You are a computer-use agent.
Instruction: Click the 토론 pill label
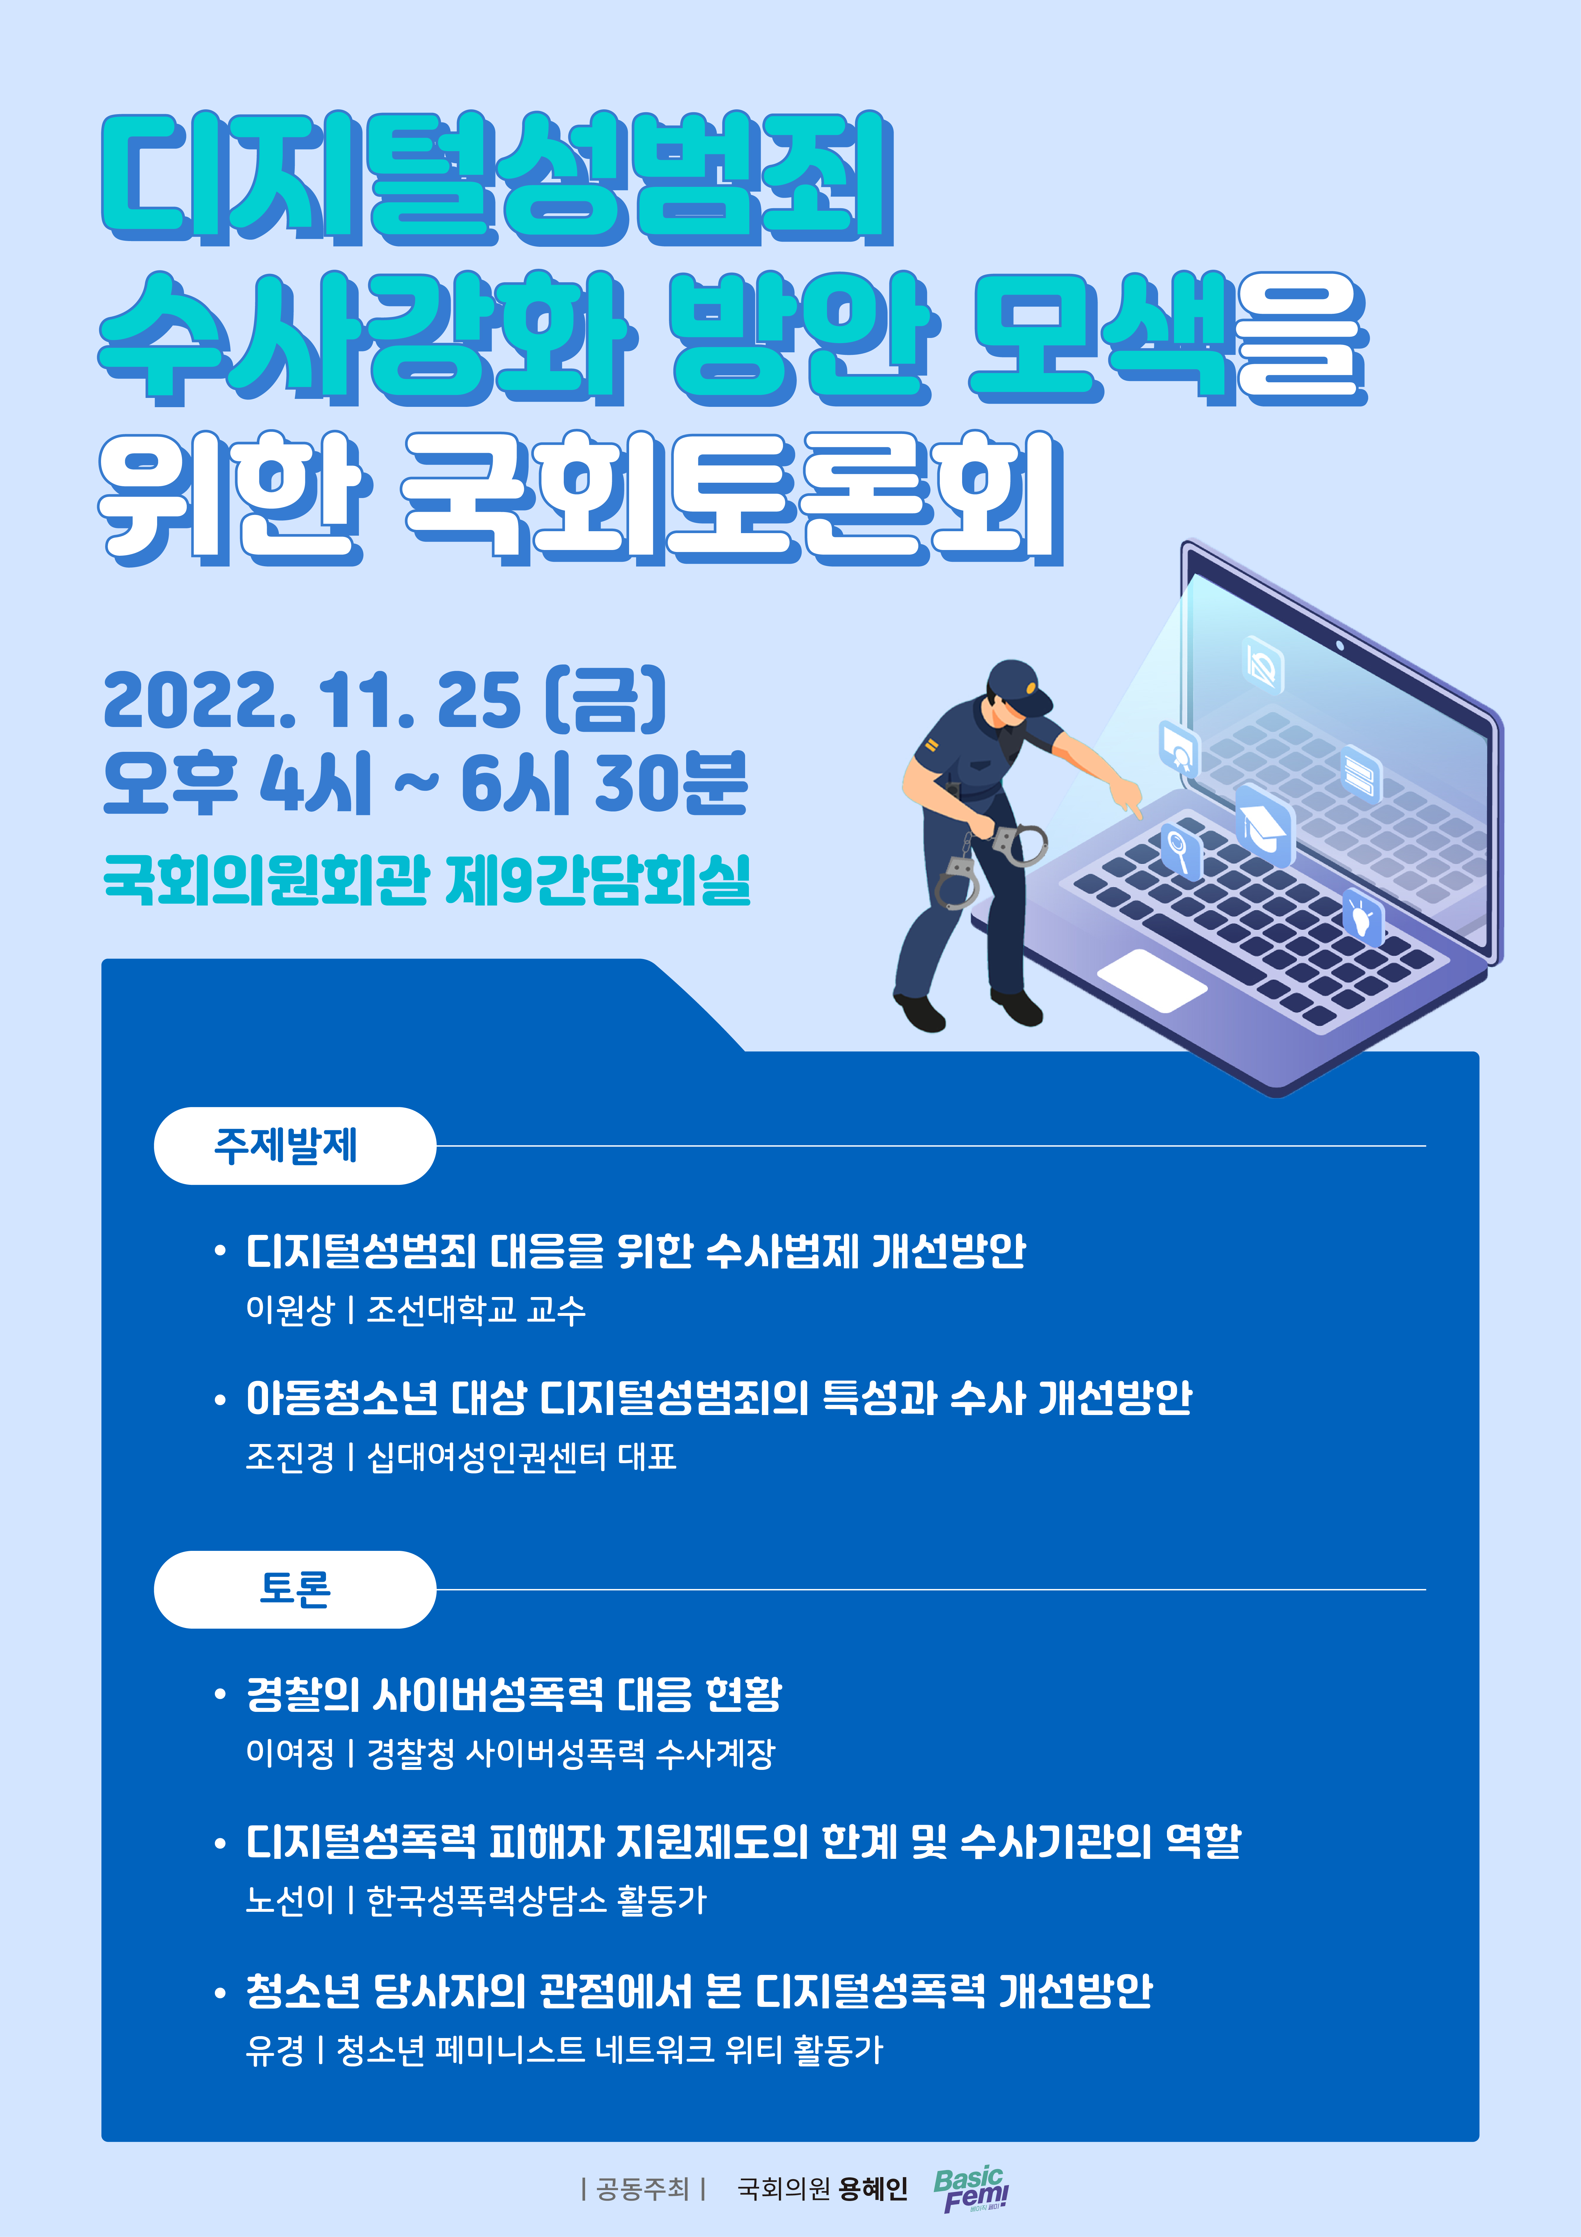pyautogui.click(x=294, y=1589)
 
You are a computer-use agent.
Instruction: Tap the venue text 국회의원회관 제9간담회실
pyautogui.click(x=427, y=880)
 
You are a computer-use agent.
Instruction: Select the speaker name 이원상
pyautogui.click(x=289, y=1309)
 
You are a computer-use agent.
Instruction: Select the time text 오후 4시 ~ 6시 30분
pyautogui.click(x=426, y=783)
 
